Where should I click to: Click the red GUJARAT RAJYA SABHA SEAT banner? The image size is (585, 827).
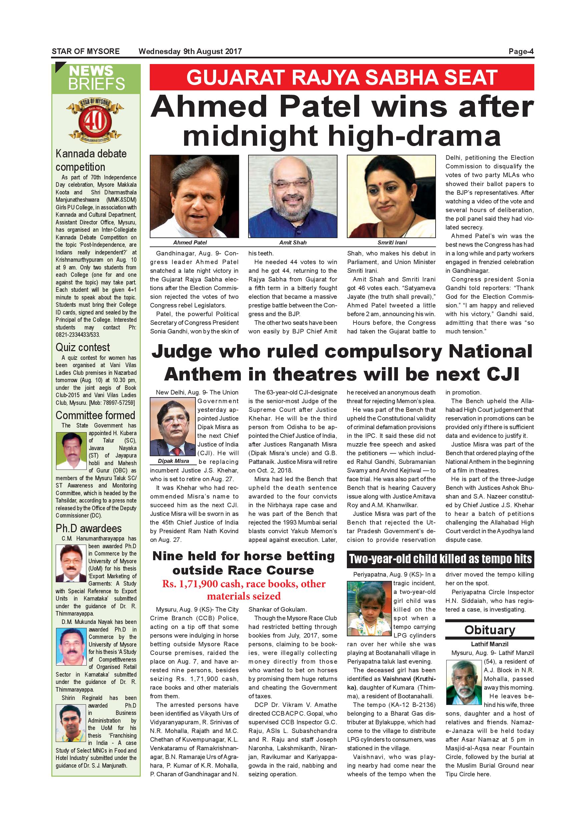(342, 77)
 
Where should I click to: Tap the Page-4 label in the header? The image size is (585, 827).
(521, 51)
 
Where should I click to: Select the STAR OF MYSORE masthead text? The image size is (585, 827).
(86, 51)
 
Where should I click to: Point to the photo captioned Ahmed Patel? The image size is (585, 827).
(194, 196)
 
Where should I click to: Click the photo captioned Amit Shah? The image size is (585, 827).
(292, 196)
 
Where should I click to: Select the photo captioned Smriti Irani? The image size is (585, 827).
(391, 196)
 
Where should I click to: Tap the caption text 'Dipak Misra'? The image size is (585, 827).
(173, 461)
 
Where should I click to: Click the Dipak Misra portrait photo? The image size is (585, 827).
(172, 427)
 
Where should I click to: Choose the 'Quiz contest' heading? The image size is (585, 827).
(82, 347)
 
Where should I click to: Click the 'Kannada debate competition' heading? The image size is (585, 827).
(91, 160)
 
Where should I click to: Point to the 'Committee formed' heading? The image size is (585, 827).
(95, 415)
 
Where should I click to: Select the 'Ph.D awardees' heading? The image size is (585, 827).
(89, 529)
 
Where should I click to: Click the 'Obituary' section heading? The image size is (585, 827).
(489, 630)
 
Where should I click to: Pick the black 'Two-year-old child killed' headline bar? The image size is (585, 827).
(440, 559)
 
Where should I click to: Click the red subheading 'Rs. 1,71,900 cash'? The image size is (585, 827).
(243, 590)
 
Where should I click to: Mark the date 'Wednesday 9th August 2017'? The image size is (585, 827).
(190, 51)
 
